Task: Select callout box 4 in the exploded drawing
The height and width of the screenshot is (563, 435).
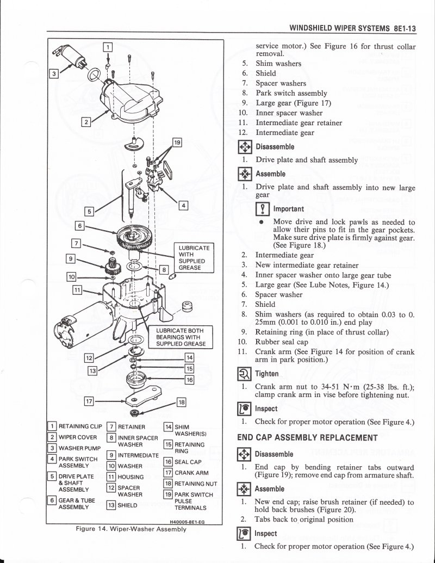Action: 183,206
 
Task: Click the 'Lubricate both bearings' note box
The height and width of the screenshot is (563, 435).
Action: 181,337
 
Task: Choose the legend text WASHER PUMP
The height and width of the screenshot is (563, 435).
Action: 77,448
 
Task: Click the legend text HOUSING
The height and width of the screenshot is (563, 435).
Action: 130,477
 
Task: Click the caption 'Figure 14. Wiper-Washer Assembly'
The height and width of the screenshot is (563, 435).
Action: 133,529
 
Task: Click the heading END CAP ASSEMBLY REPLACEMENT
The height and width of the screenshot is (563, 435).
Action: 307,437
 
